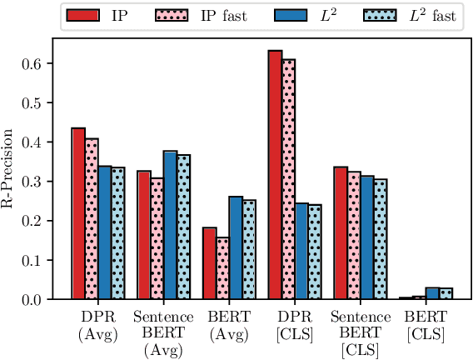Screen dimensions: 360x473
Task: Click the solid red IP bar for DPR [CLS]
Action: pos(275,174)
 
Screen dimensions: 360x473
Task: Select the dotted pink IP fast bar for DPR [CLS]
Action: pos(288,178)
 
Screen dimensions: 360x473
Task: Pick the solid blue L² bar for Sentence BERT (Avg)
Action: pos(170,225)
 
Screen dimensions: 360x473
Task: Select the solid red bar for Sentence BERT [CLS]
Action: pos(341,232)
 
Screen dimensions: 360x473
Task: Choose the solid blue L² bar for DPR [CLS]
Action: pos(301,251)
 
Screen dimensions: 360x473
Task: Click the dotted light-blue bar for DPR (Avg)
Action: pos(117,232)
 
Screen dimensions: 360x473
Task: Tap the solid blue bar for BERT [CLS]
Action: pos(432,292)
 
